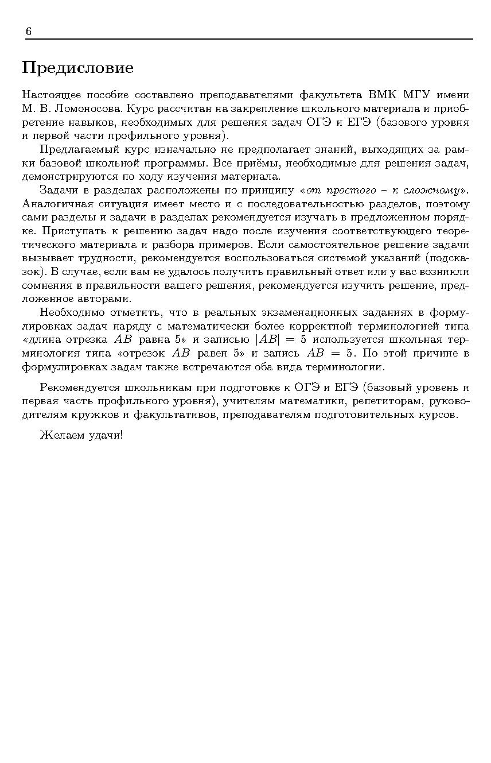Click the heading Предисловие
pyautogui.click(x=77, y=68)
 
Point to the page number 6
pyautogui.click(x=28, y=32)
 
